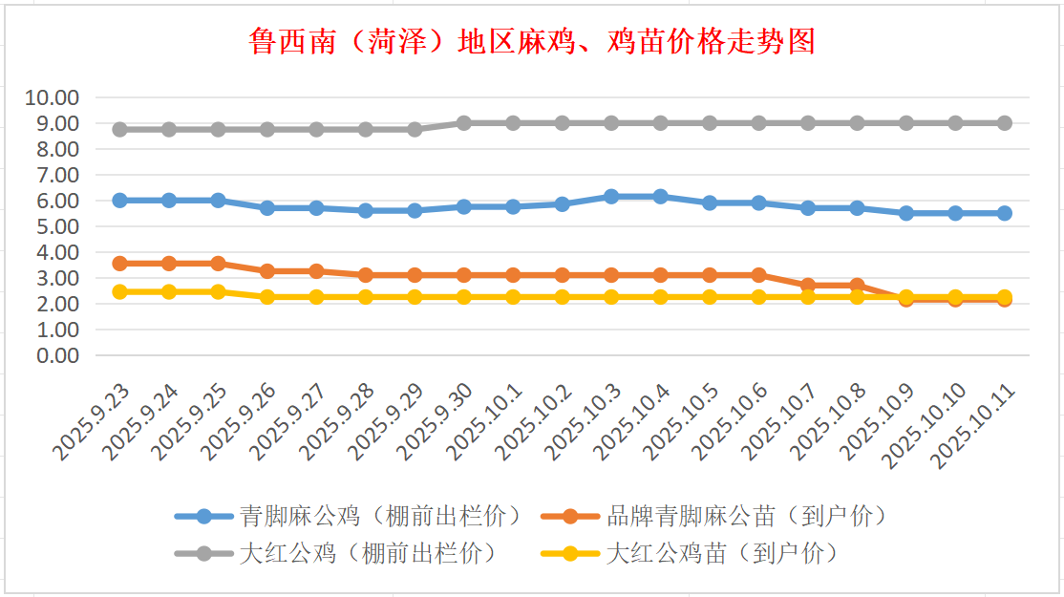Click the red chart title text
click(x=532, y=42)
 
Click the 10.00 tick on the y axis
click(x=53, y=97)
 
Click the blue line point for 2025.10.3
click(x=611, y=196)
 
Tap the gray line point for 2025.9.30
click(x=463, y=123)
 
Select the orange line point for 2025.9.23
click(x=119, y=264)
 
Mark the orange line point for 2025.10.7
click(x=808, y=286)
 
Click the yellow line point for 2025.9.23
click(x=119, y=291)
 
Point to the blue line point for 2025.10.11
click(x=1005, y=213)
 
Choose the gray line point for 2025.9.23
click(x=119, y=129)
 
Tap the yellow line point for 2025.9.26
click(x=267, y=297)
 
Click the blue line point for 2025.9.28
click(x=365, y=210)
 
